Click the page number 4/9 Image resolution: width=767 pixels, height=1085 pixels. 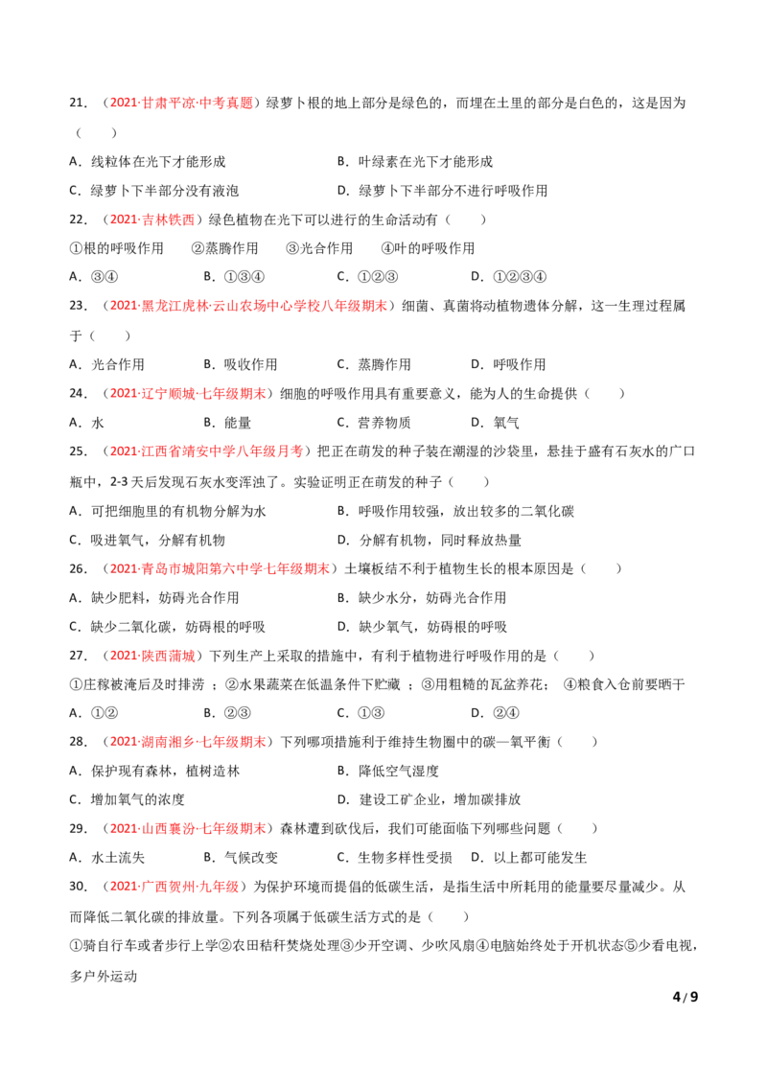(685, 997)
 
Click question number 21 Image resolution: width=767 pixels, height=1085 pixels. (78, 104)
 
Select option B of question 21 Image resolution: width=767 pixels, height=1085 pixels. (414, 162)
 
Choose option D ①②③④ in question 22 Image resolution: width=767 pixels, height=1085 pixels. (508, 277)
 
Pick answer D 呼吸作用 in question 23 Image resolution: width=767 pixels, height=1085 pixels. (508, 364)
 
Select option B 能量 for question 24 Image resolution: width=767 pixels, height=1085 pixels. (227, 423)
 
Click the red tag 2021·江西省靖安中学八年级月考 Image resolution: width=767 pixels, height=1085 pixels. (206, 451)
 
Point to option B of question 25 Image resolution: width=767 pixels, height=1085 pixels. (455, 512)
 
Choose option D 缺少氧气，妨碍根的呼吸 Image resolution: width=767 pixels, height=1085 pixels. (422, 627)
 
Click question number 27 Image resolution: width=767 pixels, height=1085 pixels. (78, 656)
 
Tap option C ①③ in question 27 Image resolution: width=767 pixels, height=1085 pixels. (360, 713)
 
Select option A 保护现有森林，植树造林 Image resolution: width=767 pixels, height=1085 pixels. (154, 771)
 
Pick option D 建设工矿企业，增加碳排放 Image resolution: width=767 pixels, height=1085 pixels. (430, 800)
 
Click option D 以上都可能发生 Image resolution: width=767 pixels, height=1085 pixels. (529, 858)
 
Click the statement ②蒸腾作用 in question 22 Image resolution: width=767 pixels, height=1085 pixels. (224, 248)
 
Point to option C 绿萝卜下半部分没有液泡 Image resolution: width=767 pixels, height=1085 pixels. (153, 191)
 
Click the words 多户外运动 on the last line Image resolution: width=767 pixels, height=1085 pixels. (104, 977)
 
